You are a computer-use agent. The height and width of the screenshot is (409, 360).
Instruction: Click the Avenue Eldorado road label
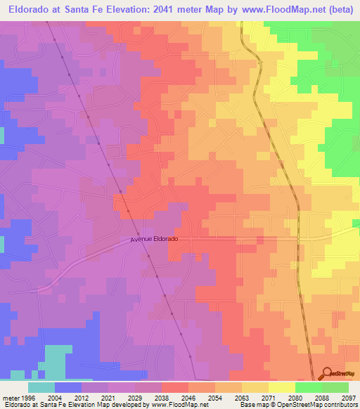point(154,240)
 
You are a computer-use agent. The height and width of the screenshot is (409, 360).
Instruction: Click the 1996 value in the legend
point(20,397)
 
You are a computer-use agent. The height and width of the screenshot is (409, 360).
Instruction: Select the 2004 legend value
point(54,397)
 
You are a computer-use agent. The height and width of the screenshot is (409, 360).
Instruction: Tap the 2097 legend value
point(348,397)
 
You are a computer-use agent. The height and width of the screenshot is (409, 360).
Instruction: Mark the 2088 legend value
point(321,397)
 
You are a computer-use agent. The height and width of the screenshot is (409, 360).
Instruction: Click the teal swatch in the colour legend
point(41,387)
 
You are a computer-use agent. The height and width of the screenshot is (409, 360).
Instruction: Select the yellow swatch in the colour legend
point(281,387)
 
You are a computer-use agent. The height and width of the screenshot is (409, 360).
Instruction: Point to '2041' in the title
point(174,10)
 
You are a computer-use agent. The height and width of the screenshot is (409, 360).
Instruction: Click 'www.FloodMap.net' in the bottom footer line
point(178,405)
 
